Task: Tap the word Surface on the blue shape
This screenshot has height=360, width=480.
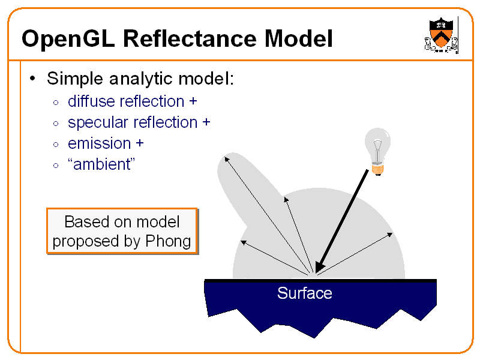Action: click(304, 293)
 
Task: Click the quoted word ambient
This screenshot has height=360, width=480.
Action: click(101, 164)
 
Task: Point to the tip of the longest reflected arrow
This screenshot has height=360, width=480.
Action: click(226, 157)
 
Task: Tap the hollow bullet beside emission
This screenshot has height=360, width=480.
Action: click(55, 145)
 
